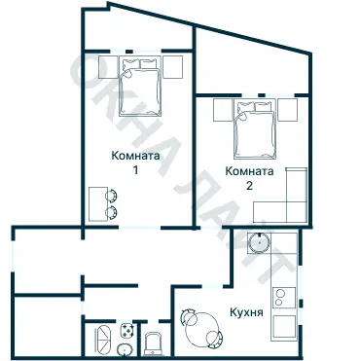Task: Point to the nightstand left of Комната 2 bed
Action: pos(222,109)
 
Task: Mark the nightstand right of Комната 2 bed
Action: pos(288,109)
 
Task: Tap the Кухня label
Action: pos(244,312)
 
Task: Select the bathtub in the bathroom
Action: pos(101,342)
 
